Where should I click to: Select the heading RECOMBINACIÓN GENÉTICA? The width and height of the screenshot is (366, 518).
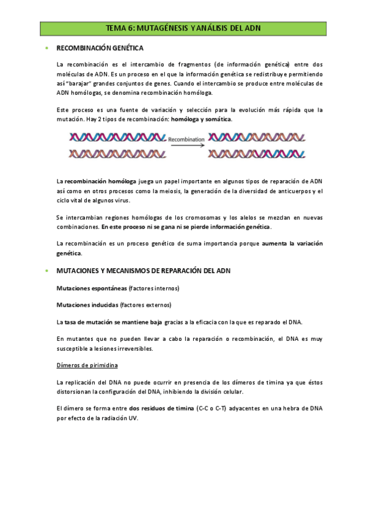pyautogui.click(x=100, y=48)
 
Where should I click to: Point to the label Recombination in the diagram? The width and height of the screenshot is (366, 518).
pyautogui.click(x=186, y=139)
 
